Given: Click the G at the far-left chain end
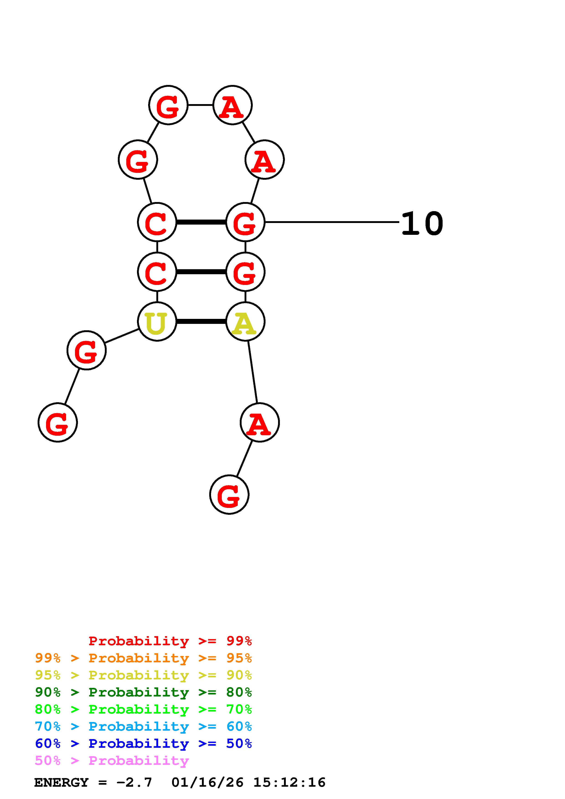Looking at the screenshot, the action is tap(57, 423).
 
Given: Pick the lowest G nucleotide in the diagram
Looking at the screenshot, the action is tap(229, 494).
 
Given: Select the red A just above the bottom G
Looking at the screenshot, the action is tap(259, 423).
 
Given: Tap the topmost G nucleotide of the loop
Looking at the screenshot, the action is tap(168, 105).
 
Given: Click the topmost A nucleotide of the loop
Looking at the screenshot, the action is tap(232, 105).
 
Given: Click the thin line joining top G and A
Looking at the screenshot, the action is tap(200, 105).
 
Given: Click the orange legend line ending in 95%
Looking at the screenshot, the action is tap(143, 658).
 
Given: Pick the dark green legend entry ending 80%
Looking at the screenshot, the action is tap(143, 692).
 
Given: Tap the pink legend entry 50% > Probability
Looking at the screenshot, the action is tap(111, 760).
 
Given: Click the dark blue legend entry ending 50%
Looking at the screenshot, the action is tap(143, 743).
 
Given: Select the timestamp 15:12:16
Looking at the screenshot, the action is tap(289, 783).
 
